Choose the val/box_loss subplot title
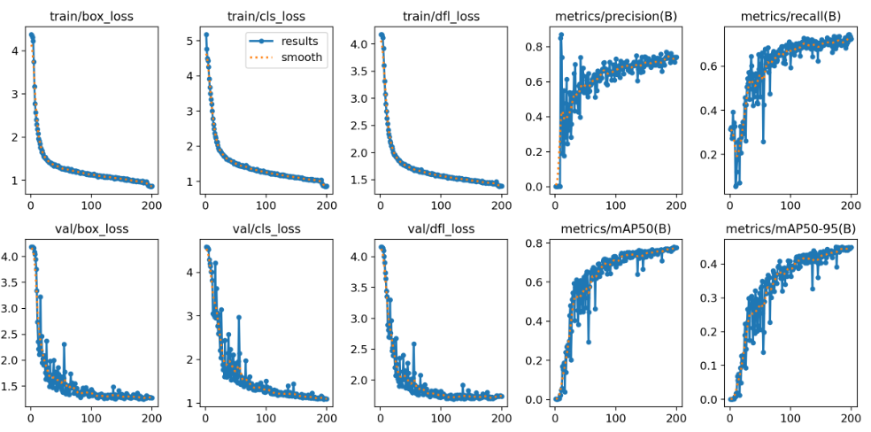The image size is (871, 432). tap(90, 228)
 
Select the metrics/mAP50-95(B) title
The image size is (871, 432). tap(789, 228)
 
